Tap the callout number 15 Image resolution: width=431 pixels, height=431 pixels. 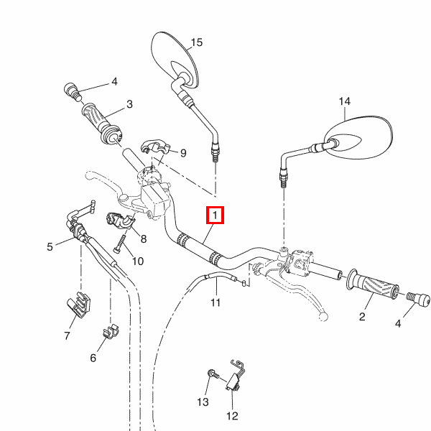click(x=197, y=42)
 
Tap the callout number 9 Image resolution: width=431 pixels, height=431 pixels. click(x=183, y=152)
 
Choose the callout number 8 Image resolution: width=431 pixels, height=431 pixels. click(x=144, y=239)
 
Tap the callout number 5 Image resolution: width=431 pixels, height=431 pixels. click(x=50, y=247)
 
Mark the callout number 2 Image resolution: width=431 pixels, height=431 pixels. click(x=362, y=316)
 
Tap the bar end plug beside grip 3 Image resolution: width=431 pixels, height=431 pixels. click(x=73, y=91)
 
